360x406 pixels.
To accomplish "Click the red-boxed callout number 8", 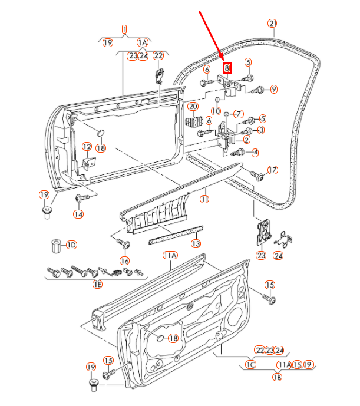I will coord(226,68).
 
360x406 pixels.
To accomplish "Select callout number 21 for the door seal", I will coord(272,24).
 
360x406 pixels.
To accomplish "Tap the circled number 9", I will coord(273,90).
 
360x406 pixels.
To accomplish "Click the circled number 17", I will coord(272,170).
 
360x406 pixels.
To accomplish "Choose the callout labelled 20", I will coord(193,106).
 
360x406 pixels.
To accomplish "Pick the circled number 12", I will coord(87,147).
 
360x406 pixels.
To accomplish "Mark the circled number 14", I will coord(78,214).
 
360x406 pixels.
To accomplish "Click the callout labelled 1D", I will coord(71,245).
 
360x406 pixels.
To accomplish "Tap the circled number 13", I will coord(196,243).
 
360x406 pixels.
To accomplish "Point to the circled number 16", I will coord(124,260).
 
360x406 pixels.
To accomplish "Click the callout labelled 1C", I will coord(250,365).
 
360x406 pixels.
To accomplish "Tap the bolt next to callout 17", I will coord(257,176).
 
